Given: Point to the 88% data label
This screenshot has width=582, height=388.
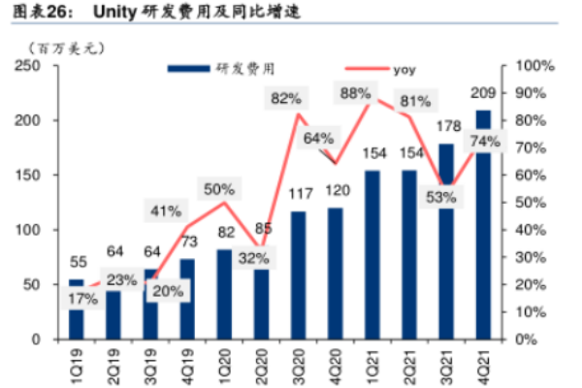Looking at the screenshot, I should (355, 93).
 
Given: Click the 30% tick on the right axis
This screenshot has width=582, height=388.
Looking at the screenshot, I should (531, 257).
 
